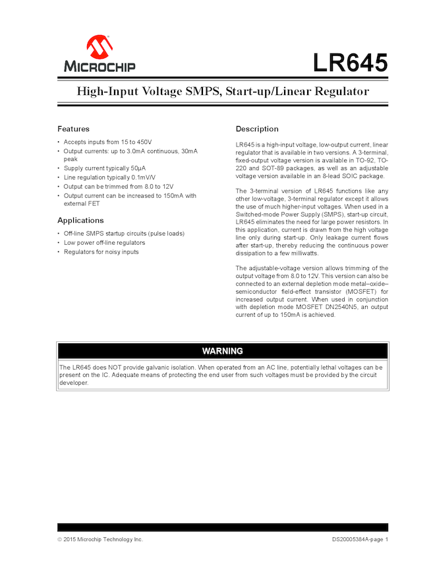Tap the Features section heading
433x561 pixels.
73,129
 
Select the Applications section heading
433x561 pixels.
80,220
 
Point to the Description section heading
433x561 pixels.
257,129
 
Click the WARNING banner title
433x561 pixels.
222,351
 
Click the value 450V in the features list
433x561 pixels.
144,142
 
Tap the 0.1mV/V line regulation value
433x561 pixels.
142,178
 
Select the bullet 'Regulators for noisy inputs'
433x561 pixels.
101,251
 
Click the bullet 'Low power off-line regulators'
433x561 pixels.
104,243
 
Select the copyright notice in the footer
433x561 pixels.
100,539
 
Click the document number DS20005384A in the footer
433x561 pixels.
351,539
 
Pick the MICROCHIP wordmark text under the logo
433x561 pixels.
100,66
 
